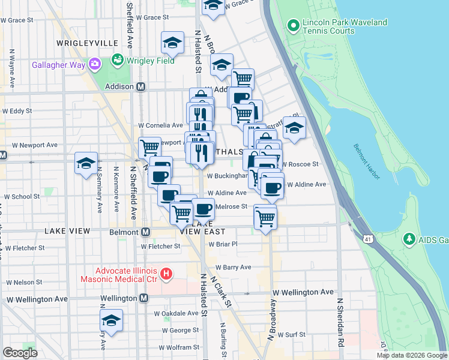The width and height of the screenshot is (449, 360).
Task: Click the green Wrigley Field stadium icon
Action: pyautogui.click(x=117, y=61)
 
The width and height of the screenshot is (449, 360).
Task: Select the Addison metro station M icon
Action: pyautogui.click(x=140, y=87)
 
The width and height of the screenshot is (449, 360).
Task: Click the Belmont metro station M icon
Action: pyautogui.click(x=146, y=232)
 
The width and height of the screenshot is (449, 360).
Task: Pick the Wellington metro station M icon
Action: pyautogui.click(x=144, y=298)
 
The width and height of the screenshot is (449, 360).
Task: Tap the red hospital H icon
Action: pyautogui.click(x=167, y=275)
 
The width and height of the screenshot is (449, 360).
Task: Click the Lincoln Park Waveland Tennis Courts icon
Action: pyautogui.click(x=294, y=25)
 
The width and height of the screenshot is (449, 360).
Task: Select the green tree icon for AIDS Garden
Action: pyautogui.click(x=410, y=239)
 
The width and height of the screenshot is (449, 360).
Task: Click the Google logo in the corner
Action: pyautogui.click(x=20, y=353)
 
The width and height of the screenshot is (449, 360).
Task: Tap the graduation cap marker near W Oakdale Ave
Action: pyautogui.click(x=111, y=321)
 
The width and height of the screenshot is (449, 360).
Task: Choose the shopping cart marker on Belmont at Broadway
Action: pyautogui.click(x=265, y=217)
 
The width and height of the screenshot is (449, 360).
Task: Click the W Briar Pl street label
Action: pyautogui.click(x=223, y=244)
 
